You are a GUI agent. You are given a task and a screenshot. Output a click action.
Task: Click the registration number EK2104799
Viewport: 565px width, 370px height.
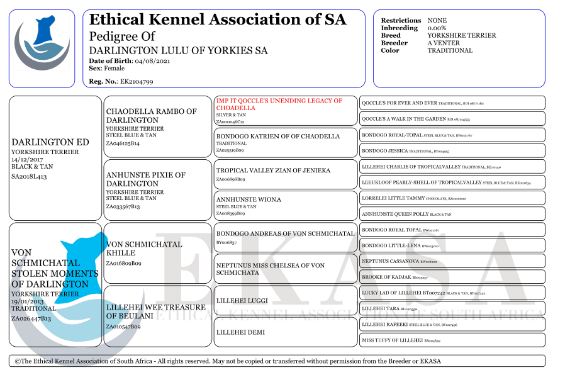tap(137, 82)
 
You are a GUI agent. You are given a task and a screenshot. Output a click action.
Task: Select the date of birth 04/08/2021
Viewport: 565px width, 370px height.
tap(152, 61)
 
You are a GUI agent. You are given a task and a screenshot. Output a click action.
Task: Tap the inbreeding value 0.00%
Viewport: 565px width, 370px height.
tap(437, 28)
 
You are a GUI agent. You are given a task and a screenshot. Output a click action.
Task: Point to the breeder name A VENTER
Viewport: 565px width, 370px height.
tap(444, 43)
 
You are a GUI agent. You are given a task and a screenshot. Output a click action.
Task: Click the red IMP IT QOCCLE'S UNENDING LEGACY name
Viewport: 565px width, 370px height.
tap(279, 104)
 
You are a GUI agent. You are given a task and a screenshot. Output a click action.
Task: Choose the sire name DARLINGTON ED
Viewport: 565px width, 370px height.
tap(50, 142)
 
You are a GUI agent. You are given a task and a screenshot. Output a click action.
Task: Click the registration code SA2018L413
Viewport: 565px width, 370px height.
tap(29, 176)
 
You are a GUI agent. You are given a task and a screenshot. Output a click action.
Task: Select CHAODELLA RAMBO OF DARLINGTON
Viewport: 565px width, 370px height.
tap(151, 116)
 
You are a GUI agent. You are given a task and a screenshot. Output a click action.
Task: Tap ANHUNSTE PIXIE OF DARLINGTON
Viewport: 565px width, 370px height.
tap(145, 179)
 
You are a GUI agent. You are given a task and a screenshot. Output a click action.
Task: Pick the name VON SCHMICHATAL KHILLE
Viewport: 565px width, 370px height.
tap(144, 249)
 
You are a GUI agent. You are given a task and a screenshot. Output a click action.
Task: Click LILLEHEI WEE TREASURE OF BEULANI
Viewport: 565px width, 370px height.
tap(155, 311)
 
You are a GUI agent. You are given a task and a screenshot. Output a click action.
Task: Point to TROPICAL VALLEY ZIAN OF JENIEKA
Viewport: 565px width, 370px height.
tap(273, 171)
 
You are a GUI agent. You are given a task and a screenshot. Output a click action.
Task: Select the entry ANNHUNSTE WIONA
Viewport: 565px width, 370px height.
tap(249, 199)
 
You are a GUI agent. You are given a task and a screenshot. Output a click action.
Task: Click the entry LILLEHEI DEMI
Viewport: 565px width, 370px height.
tap(240, 332)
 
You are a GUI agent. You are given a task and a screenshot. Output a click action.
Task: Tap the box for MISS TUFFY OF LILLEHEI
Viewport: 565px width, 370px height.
tap(392, 340)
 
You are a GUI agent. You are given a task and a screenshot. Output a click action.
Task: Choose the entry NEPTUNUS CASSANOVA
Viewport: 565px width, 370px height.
tap(390, 261)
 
